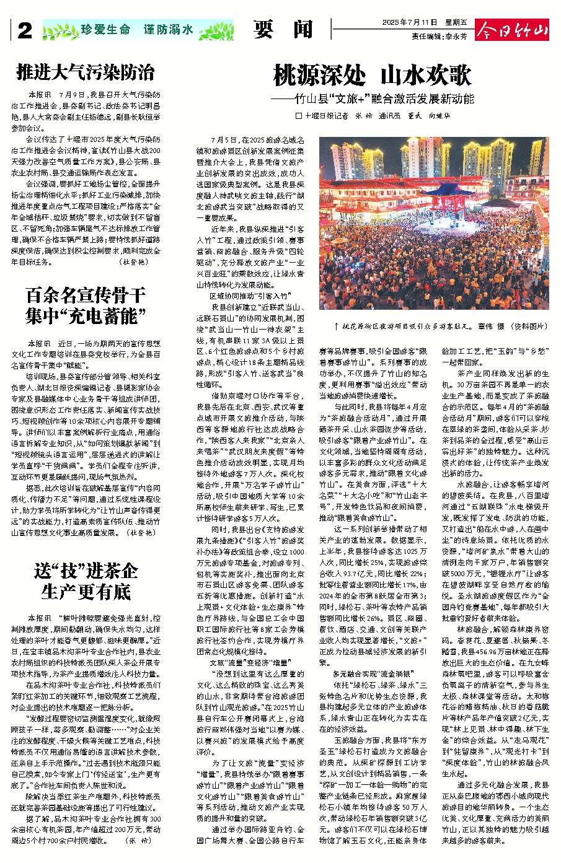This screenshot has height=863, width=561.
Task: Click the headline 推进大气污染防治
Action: click(x=86, y=73)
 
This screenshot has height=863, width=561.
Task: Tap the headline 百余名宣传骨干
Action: click(x=86, y=295)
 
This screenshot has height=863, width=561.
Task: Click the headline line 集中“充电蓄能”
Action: click(x=86, y=317)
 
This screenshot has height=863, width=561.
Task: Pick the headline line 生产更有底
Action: click(x=86, y=591)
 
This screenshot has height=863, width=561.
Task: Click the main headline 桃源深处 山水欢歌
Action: click(x=373, y=76)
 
